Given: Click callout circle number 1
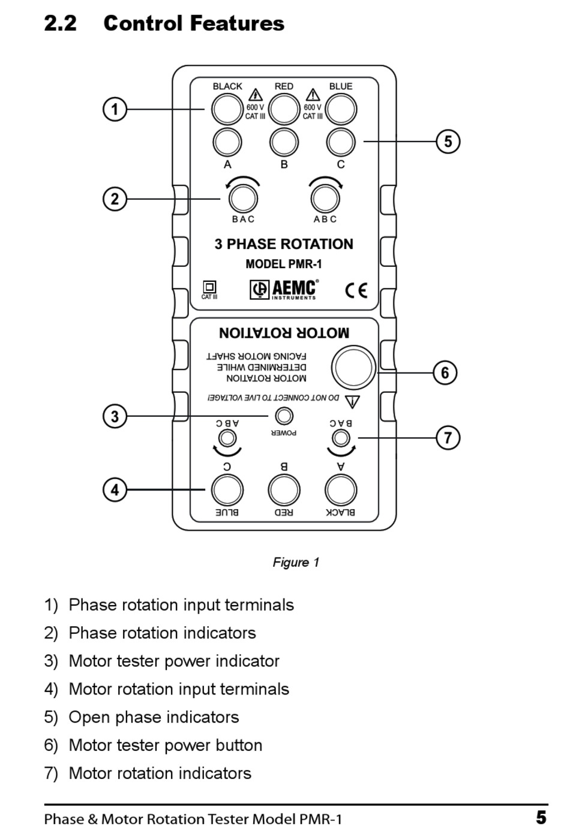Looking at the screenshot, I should (115, 110).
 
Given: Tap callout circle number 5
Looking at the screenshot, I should (448, 142).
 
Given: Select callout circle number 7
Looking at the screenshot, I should (448, 438).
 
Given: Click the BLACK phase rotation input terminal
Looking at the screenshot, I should (226, 110).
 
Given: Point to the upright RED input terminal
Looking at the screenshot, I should (284, 110).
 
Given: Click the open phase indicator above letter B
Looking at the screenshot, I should (284, 143).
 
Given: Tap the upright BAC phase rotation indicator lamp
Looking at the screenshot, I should (243, 198).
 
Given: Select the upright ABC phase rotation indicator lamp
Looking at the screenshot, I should (325, 198).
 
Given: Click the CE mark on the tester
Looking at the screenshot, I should (356, 290).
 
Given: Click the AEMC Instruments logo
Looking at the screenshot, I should (284, 289).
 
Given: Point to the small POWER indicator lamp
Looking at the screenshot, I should (284, 416).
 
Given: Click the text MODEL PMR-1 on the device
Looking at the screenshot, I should (284, 264).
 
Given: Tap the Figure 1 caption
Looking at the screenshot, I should (296, 563).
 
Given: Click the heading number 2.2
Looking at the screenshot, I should (60, 23).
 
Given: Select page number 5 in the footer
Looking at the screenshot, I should (541, 817).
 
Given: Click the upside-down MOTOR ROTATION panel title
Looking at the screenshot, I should (284, 333).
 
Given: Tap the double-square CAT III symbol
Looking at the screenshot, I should (209, 287).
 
